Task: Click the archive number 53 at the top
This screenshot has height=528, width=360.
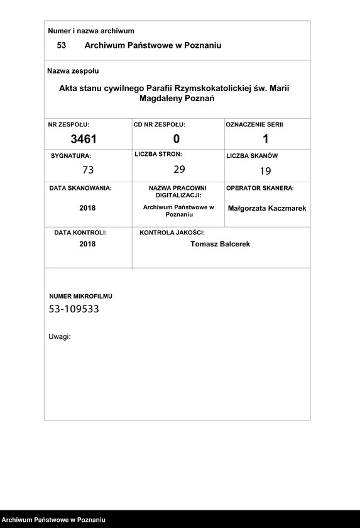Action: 62,46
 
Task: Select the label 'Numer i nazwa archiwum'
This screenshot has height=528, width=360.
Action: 91,31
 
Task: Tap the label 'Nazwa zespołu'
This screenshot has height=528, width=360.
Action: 73,71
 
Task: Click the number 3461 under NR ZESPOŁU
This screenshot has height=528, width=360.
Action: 84,139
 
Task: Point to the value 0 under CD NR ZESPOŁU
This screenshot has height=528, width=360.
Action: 177,139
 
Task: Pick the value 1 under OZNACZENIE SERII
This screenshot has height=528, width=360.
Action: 266,139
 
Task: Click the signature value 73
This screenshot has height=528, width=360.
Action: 88,170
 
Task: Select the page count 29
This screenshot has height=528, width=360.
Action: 180,169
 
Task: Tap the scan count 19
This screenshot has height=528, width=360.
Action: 265,170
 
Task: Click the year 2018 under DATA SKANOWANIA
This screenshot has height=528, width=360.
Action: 87,208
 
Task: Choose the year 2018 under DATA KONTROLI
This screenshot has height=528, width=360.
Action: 87,244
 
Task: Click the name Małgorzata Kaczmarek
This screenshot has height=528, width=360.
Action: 267,208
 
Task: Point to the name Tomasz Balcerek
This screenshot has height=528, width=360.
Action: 220,244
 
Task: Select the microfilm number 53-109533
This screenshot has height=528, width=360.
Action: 74,309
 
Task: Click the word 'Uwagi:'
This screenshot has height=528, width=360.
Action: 60,336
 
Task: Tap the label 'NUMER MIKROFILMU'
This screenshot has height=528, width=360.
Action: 81,296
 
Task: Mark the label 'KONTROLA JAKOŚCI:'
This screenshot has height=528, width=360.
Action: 172,233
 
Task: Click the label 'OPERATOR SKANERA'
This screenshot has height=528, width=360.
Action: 259,188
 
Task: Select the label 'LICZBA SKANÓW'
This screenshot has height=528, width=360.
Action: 252,155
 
